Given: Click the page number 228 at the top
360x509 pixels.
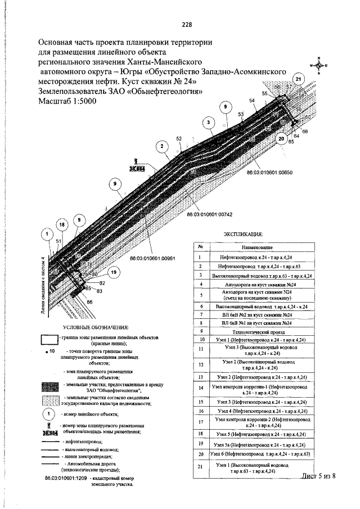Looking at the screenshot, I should (187, 24).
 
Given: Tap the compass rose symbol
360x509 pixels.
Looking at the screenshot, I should (318, 65).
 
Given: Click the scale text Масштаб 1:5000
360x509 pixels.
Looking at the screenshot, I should (67, 101).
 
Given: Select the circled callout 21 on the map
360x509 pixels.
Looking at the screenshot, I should (299, 80).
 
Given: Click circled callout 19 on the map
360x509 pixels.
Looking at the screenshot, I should (114, 273).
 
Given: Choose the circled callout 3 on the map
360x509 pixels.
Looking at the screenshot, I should (209, 122).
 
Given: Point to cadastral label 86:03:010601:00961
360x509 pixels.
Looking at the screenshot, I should (153, 258).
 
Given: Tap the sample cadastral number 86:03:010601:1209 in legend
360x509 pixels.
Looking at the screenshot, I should (66, 477).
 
